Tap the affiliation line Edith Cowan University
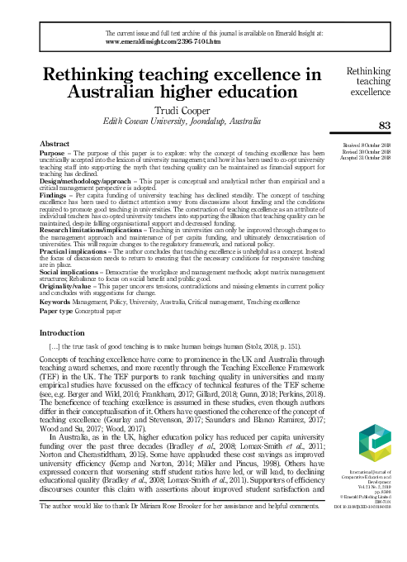(x=179, y=120)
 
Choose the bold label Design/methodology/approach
(x=75, y=179)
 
